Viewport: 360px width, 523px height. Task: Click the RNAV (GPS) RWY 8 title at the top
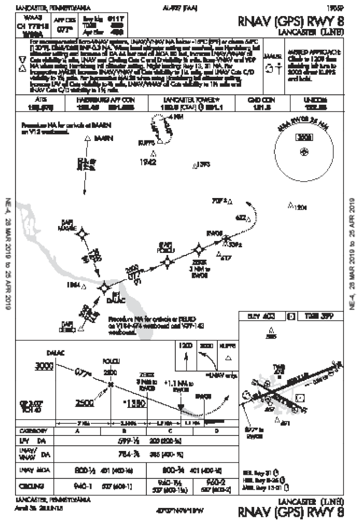[290, 22]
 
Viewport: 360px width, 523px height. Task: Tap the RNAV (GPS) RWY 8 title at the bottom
[290, 512]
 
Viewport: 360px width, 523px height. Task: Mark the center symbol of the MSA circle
[304, 152]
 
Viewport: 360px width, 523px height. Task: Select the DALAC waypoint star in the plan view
[104, 284]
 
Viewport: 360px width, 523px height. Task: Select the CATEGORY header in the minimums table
[34, 431]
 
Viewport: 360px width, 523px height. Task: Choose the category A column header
[77, 431]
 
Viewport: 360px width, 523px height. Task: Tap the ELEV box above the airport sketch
[262, 316]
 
